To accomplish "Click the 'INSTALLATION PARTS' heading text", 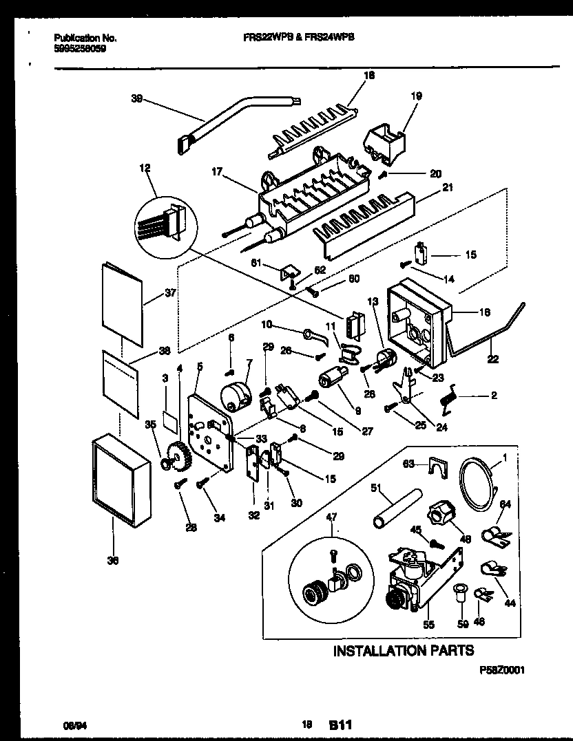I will [403, 650].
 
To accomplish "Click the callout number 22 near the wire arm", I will [493, 358].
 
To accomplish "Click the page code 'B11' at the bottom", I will [341, 724].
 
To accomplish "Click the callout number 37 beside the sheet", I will [170, 292].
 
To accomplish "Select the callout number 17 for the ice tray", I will [217, 173].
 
